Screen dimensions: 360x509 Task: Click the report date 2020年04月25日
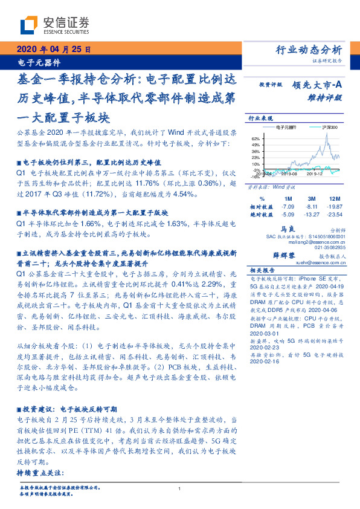[53, 50]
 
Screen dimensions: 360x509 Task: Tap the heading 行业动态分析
[309, 50]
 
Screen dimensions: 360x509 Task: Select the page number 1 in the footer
[179, 489]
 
